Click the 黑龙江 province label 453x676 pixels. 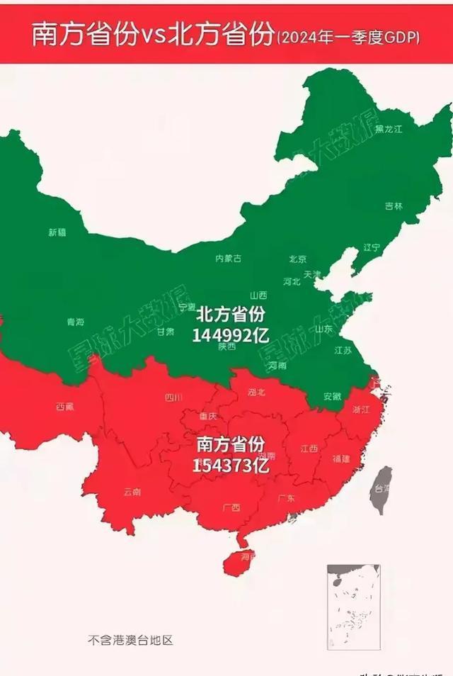point(389,129)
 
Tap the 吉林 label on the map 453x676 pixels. point(394,206)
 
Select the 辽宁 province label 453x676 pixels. point(372,247)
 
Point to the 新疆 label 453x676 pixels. point(57,232)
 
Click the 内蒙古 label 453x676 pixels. point(228,259)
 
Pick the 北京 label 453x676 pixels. point(297,259)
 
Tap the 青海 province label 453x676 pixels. point(75,322)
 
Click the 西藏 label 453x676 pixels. point(64,407)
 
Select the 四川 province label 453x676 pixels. point(173,398)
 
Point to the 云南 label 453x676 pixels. point(132,491)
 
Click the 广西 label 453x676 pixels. point(231,507)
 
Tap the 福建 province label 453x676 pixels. point(341,458)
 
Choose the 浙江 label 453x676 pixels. point(361,409)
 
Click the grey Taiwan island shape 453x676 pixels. point(382,489)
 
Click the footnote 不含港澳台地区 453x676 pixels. point(130,640)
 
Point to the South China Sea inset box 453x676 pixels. point(353,607)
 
